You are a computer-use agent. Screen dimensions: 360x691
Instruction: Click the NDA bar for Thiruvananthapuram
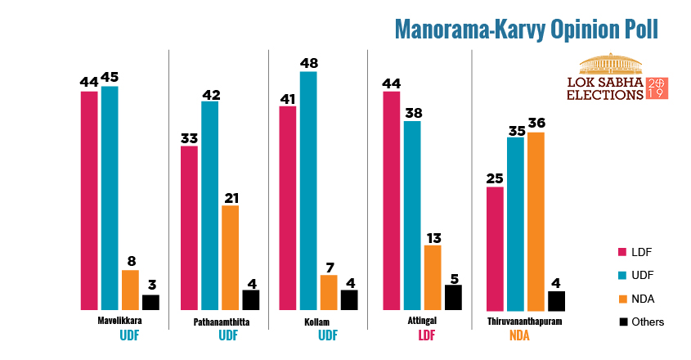click(536, 221)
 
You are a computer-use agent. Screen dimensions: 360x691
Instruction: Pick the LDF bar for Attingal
click(391, 200)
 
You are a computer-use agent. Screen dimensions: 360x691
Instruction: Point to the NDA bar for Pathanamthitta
click(230, 257)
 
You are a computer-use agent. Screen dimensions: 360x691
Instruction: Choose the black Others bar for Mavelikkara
click(150, 302)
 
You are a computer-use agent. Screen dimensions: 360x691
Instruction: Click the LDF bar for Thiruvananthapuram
click(495, 248)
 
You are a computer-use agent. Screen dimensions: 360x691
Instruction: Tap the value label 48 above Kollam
click(308, 61)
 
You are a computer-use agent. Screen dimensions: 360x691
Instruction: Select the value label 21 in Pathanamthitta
click(230, 196)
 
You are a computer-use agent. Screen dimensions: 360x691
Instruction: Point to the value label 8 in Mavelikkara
click(130, 260)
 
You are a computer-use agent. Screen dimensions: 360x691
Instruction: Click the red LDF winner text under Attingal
click(426, 335)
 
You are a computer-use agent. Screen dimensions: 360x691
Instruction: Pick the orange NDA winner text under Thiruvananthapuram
click(520, 335)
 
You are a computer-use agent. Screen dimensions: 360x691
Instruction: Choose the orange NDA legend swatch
click(623, 298)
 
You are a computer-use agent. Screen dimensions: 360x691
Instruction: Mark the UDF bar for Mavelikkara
click(110, 197)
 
